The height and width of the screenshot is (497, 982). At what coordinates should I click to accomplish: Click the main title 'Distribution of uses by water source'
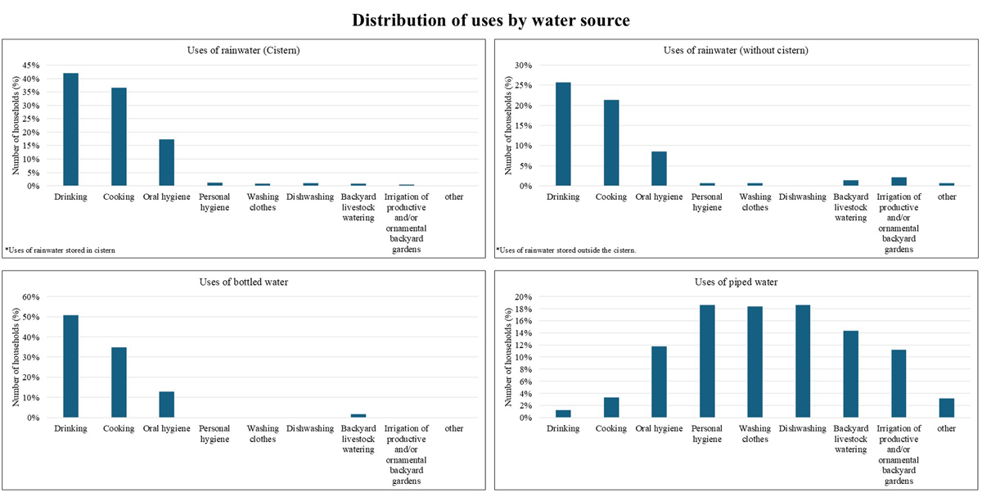pos(491,20)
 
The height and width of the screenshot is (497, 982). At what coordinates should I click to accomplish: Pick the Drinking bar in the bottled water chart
pos(71,366)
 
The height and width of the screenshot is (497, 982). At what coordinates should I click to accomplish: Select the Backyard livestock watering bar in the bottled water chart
pos(358,415)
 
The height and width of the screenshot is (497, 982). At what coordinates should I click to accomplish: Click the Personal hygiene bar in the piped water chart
pos(707,361)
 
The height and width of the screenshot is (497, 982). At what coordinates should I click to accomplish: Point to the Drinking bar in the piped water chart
pos(563,413)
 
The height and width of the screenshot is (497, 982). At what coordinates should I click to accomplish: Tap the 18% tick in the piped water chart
pos(523,309)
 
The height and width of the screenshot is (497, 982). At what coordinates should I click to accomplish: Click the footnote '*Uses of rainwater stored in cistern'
pos(60,250)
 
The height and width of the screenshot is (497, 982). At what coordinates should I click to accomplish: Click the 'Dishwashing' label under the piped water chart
pos(802,428)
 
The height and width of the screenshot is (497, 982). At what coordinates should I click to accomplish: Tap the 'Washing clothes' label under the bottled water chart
pos(263,433)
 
